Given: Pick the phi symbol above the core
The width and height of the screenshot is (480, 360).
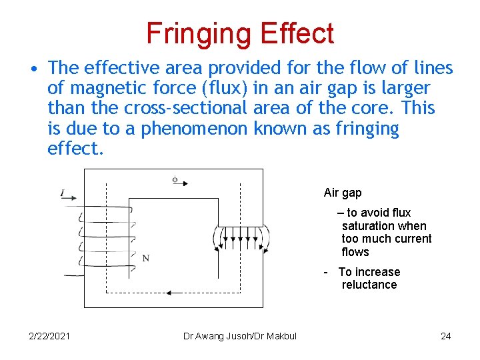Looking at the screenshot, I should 175,179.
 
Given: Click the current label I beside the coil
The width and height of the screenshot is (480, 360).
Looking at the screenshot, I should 62,193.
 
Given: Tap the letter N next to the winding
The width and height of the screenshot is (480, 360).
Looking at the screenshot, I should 145,258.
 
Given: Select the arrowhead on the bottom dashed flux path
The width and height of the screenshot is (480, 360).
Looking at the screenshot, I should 169,293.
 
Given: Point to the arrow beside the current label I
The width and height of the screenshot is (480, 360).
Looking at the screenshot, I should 71,198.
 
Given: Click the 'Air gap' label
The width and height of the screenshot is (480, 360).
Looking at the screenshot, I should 343,193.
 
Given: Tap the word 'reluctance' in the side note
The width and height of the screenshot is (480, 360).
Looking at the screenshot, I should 369,285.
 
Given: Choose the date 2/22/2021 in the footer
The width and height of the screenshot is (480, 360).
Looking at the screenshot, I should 49,336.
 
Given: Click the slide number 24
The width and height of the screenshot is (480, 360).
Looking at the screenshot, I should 446,336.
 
